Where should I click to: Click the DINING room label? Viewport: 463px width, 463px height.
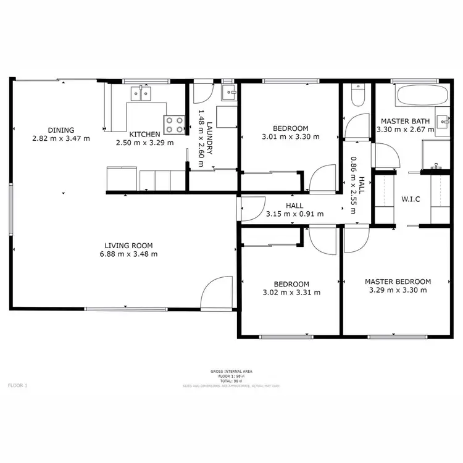pos(61,130)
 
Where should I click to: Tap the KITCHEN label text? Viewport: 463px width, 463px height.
pos(144,134)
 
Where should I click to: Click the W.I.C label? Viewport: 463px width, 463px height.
pos(411,199)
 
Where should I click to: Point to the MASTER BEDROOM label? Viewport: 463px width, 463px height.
pos(398,282)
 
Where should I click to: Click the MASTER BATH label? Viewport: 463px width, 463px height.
pos(405,121)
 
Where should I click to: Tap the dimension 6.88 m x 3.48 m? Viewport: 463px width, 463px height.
pos(128,254)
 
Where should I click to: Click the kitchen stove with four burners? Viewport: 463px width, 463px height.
pos(175,125)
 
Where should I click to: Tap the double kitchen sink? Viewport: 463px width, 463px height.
pos(141,94)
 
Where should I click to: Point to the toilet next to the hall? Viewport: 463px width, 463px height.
pos(357,96)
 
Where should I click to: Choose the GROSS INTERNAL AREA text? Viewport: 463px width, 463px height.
pos(231,371)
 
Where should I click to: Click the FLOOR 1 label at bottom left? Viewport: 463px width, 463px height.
pos(17,385)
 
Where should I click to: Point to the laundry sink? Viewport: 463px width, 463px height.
pos(229,93)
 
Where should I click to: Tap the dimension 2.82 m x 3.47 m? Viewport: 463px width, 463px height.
pos(61,138)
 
